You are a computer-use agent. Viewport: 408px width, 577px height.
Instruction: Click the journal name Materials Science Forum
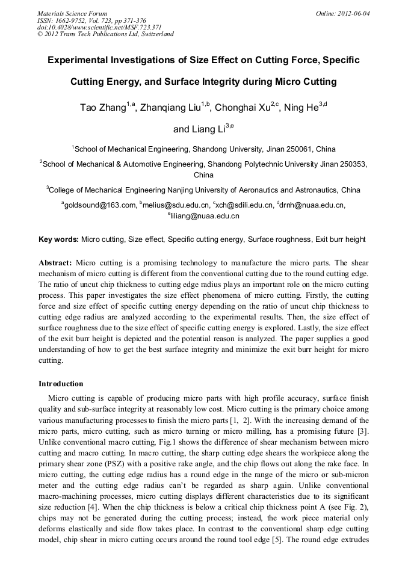(72, 13)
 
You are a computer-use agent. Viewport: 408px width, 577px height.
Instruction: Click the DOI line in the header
(90, 27)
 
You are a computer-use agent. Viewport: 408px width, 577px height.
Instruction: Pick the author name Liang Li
(196, 129)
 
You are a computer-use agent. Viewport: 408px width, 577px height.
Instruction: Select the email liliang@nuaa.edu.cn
(205, 215)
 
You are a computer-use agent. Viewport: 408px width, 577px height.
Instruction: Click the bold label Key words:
(58, 239)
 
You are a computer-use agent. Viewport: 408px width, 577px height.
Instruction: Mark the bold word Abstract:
(55, 263)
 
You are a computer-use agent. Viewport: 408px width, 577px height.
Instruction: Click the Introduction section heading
(61, 383)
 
